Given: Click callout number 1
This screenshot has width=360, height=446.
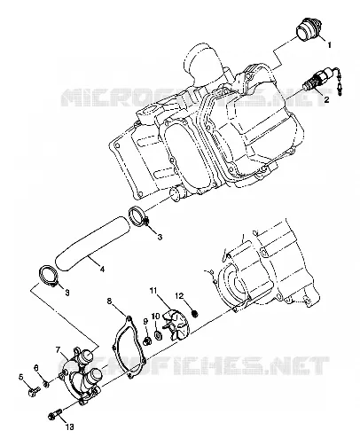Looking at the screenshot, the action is [x=329, y=45].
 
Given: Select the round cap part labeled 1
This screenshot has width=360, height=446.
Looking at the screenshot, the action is [x=308, y=30].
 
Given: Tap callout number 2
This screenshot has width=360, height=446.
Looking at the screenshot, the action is [x=326, y=99].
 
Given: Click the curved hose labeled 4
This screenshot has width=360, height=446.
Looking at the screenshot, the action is [x=92, y=243].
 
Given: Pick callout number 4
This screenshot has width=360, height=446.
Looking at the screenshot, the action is [x=102, y=270].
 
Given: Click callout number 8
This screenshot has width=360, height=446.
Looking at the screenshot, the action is [x=109, y=301].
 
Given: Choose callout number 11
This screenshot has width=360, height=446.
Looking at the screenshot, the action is [x=153, y=291].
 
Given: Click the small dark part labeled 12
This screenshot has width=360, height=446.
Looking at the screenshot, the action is [x=195, y=313].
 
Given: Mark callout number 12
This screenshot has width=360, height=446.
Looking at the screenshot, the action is [x=180, y=295].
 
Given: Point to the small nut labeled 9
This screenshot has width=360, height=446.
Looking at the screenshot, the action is [x=146, y=341].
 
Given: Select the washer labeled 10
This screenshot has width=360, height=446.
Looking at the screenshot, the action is [x=158, y=335].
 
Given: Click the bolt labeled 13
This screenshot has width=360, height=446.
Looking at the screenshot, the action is [x=55, y=414].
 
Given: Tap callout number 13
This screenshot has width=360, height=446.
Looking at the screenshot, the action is [x=69, y=426].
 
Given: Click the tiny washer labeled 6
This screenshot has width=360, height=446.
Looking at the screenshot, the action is [x=46, y=384].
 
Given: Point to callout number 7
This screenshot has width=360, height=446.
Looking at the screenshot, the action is [x=59, y=350].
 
